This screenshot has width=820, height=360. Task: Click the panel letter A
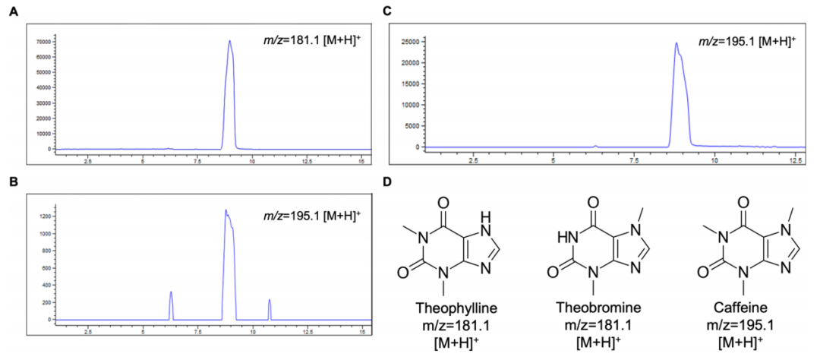(12, 12)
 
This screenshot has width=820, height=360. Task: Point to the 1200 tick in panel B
(45, 216)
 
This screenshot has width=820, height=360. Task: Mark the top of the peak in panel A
(229, 41)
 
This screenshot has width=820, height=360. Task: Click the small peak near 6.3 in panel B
(171, 292)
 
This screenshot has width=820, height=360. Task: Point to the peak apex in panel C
(676, 43)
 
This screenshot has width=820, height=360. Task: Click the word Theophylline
(449, 309)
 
